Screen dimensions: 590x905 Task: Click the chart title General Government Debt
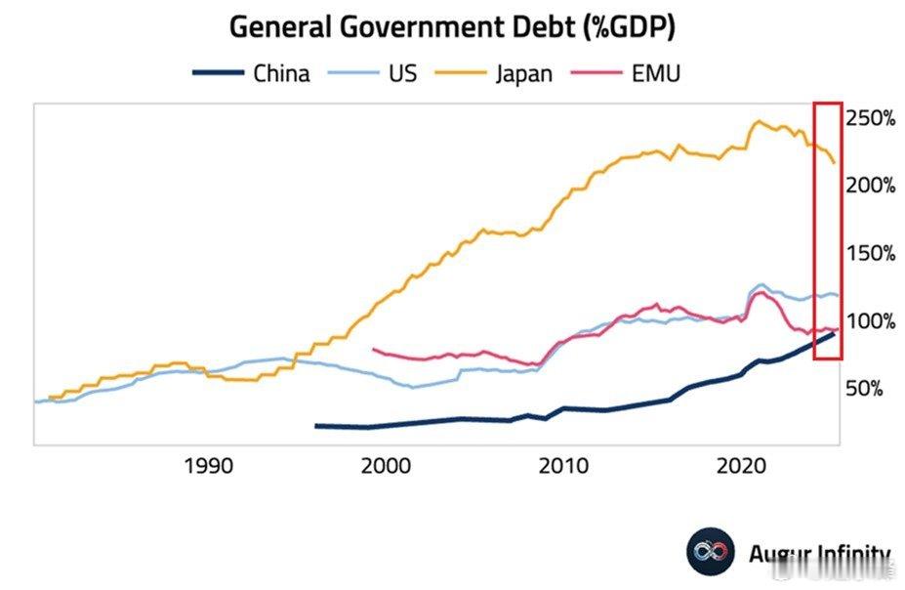[452, 27]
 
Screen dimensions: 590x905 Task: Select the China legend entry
[252, 73]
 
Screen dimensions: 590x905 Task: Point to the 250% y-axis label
[870, 118]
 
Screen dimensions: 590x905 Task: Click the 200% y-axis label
[870, 186]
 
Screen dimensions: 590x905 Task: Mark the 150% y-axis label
[870, 253]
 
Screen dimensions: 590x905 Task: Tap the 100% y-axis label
[870, 321]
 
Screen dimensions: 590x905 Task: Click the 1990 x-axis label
[208, 466]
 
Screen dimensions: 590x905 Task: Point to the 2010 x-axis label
[565, 466]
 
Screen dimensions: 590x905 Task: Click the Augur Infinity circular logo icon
[710, 553]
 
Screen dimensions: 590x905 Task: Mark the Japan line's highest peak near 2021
[758, 121]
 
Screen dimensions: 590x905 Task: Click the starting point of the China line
[315, 425]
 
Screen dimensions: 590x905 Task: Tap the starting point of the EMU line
[375, 348]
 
